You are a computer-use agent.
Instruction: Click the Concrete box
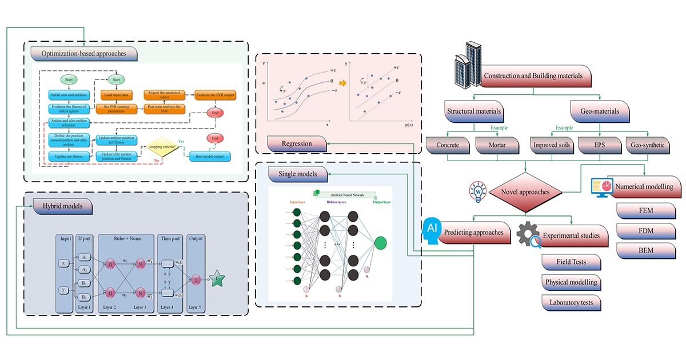(448, 145)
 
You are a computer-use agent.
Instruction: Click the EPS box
(600, 145)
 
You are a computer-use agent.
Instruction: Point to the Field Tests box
(571, 262)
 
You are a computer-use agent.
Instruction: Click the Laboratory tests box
(571, 302)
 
